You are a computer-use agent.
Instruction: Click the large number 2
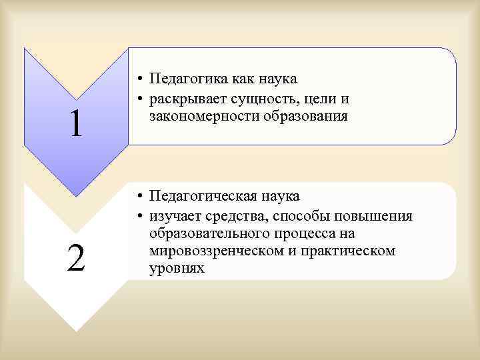pyautogui.click(x=76, y=257)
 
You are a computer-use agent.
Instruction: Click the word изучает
pyautogui.click(x=175, y=217)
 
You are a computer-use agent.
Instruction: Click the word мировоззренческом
pyautogui.click(x=213, y=251)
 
